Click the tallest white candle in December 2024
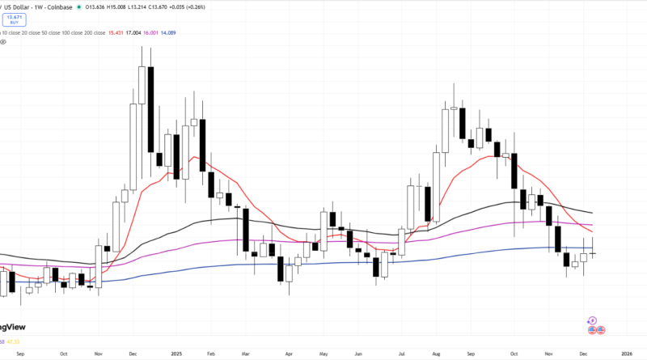point(142,84)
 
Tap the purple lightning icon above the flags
point(593,320)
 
